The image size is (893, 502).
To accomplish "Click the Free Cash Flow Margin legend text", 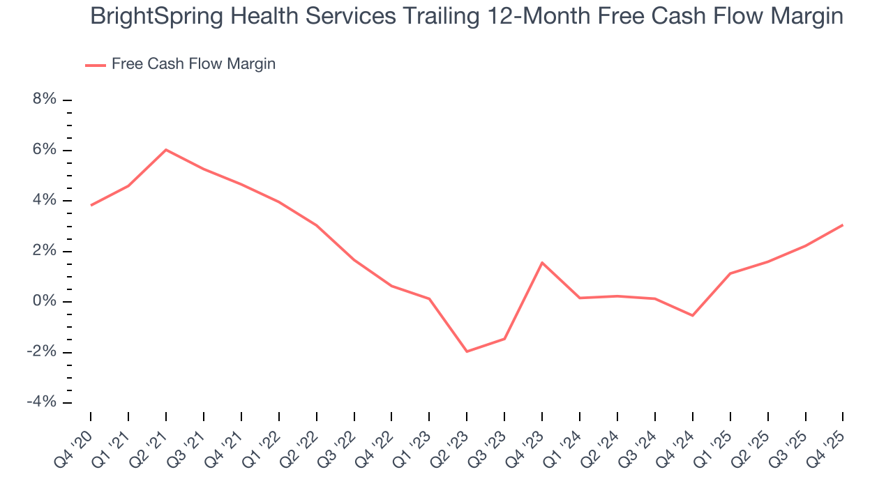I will tap(193, 64).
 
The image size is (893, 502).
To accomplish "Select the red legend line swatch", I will tap(96, 65).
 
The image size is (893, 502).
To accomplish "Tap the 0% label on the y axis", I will tap(45, 302).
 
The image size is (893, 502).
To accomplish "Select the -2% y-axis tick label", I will tap(42, 352).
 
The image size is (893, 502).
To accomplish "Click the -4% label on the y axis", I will tap(42, 402).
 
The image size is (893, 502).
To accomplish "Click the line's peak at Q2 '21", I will tap(166, 149).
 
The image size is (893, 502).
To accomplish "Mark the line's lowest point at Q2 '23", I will tap(467, 351).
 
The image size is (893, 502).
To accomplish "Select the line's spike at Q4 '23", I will tap(542, 262).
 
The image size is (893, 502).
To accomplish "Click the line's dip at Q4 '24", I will tap(692, 316).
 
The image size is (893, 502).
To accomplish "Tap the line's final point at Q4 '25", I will tap(843, 225).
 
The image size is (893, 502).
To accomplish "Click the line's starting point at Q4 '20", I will tap(91, 205).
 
